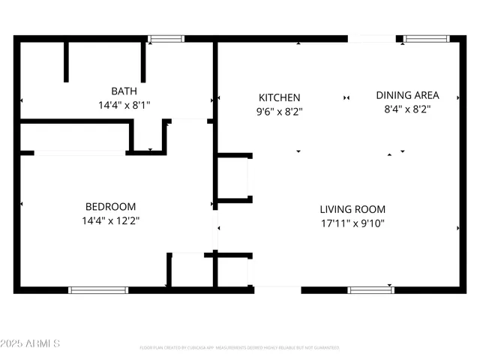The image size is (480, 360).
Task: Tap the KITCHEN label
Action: [280, 97]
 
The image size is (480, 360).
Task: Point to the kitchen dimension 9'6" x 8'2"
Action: [280, 112]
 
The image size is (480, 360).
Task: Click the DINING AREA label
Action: [407, 95]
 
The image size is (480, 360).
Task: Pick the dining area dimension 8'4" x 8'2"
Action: [407, 109]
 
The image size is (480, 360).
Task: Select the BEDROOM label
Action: [110, 207]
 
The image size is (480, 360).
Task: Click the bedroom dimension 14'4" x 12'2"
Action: [110, 221]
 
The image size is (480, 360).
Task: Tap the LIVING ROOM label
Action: [352, 209]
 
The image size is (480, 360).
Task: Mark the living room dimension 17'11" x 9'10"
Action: [352, 223]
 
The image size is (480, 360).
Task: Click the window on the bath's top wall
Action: [166, 38]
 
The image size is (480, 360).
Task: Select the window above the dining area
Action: [427, 38]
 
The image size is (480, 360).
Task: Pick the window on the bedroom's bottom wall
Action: [98, 289]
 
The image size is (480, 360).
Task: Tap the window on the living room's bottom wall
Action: [371, 289]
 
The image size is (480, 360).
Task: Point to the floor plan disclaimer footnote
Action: [240, 348]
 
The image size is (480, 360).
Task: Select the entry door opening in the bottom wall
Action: [277, 289]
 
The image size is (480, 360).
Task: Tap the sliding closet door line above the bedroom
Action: [79, 153]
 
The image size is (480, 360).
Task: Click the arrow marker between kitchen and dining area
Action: [346, 97]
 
